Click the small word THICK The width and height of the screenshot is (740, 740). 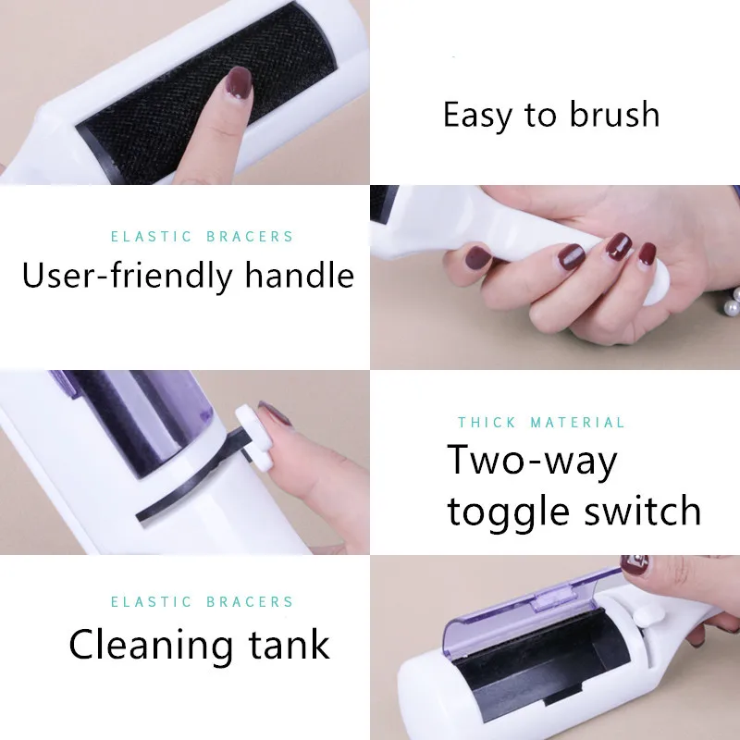tap(487, 423)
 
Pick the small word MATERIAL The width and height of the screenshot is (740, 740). tap(578, 423)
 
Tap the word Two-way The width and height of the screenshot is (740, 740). tap(532, 461)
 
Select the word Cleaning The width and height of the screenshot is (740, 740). tap(161, 644)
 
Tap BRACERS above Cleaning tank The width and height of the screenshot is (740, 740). tap(252, 601)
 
